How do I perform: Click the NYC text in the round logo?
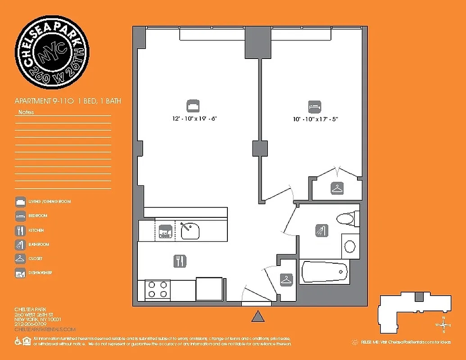click(52, 53)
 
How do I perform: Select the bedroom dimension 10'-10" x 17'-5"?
click(315, 119)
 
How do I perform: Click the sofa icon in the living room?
click(193, 106)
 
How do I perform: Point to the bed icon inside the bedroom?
click(315, 107)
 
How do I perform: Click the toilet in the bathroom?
click(347, 219)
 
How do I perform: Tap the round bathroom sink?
click(350, 246)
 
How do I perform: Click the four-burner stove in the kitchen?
click(158, 289)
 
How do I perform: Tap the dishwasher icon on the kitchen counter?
click(165, 230)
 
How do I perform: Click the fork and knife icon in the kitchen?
click(180, 261)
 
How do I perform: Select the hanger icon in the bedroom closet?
click(337, 188)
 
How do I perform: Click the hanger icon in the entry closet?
click(286, 280)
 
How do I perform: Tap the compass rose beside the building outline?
click(443, 324)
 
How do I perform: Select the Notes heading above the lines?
click(26, 112)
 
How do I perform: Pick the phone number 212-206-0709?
click(30, 324)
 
